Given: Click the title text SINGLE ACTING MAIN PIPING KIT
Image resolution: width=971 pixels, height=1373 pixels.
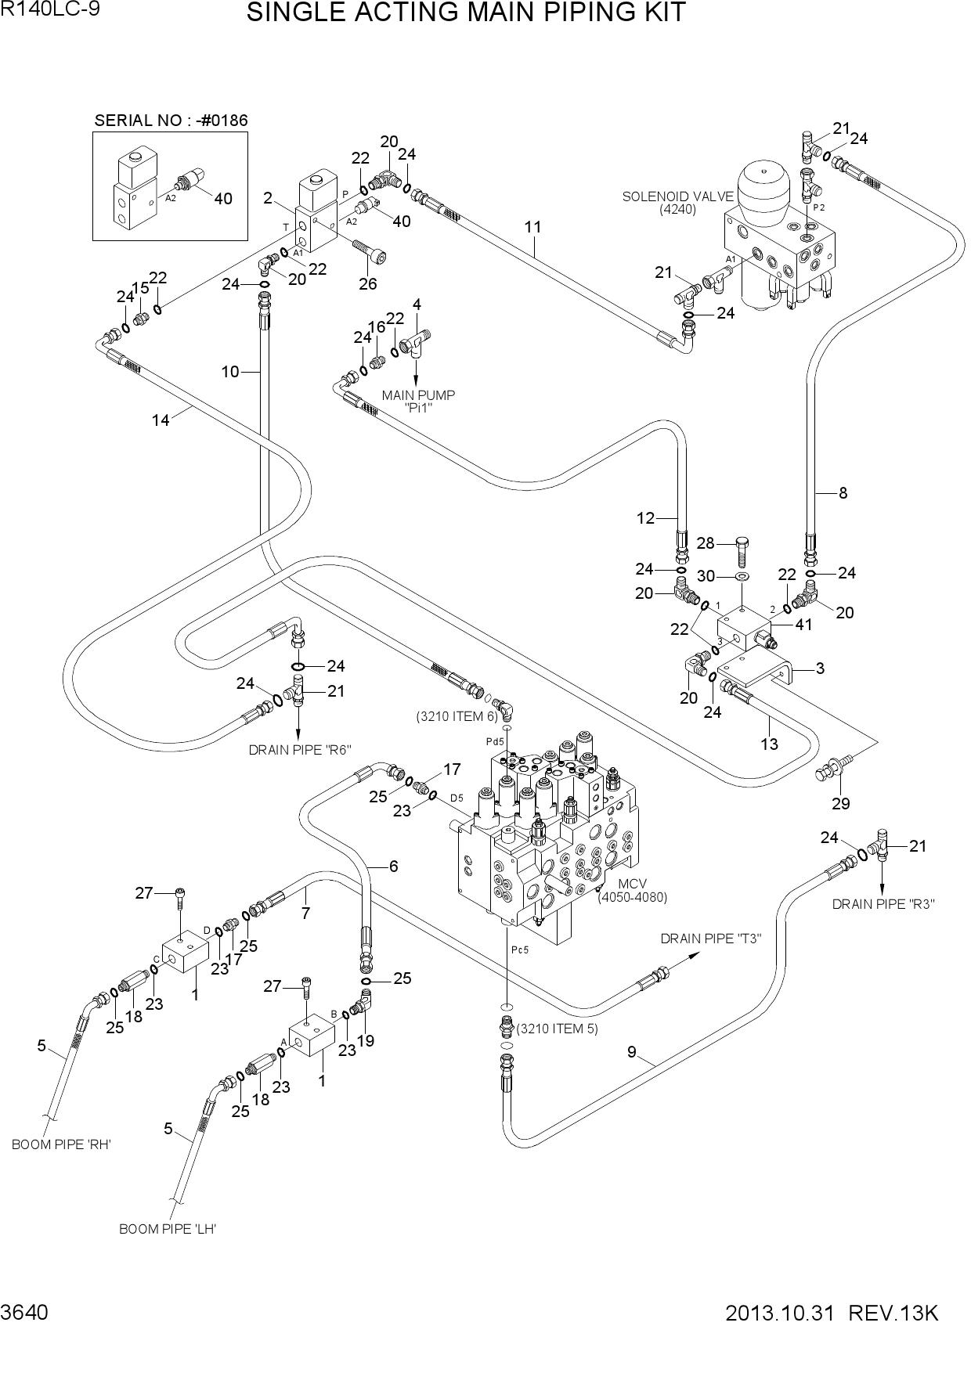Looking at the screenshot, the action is pos(466,13).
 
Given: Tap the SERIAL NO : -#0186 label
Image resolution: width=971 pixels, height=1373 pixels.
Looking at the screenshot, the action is pos(171,121).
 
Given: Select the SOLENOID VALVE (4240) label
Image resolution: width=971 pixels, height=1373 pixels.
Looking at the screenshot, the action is pos(678,203).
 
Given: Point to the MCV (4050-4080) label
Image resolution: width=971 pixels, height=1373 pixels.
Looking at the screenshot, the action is pos(632,891).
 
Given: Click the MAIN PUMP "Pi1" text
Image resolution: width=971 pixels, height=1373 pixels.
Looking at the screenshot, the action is pos(418,402).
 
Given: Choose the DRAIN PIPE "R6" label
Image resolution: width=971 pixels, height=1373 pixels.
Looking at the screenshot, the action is pos(300,750).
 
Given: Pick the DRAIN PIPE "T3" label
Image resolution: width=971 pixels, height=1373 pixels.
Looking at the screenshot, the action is pos(711,939).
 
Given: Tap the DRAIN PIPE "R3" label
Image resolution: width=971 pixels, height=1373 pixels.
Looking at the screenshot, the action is pos(883,904).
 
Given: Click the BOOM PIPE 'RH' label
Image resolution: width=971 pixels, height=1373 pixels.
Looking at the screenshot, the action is pos(61,1144).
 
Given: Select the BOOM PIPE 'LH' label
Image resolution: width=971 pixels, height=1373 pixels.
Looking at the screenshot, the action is pos(168,1229).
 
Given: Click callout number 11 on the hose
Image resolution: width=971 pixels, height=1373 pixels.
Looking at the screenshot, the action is pos(533,227).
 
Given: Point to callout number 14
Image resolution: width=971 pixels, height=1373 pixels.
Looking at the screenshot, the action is pos(161,420).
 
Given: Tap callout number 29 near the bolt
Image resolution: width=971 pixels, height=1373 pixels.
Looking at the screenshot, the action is pos(840,803).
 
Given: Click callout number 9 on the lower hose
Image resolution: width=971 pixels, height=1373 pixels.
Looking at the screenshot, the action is pos(633,1052).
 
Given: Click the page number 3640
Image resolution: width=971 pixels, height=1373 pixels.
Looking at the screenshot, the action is pos(24,1313).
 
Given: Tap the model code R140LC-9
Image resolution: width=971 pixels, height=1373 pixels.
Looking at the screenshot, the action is pos(50,10).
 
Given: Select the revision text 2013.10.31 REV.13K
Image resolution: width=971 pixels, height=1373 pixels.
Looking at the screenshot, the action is pos(832,1313).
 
